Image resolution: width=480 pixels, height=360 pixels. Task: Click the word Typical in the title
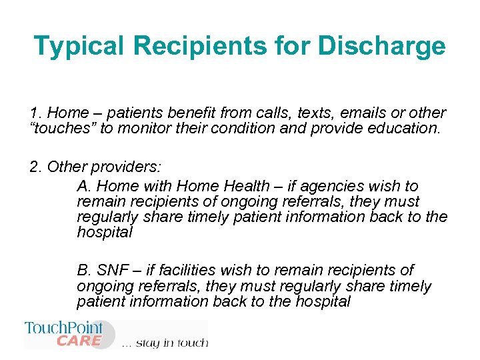pyautogui.click(x=79, y=46)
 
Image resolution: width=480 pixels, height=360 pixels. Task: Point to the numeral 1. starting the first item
pyautogui.click(x=35, y=113)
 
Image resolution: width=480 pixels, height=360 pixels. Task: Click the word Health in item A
pyautogui.click(x=250, y=186)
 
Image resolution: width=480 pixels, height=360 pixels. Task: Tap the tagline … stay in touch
pyautogui.click(x=165, y=343)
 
